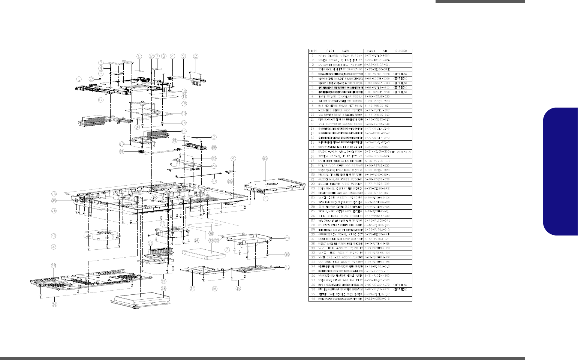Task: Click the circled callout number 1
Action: [x=79, y=79]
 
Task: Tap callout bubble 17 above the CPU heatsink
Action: [x=101, y=100]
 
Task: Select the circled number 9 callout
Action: [x=183, y=56]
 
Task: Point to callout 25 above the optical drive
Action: [x=265, y=159]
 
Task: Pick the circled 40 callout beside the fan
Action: [x=54, y=236]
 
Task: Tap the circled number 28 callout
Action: [x=54, y=265]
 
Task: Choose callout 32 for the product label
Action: [x=211, y=227]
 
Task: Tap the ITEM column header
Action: [x=313, y=51]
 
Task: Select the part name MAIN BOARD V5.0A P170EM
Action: [x=341, y=55]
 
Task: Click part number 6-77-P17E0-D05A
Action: [x=377, y=55]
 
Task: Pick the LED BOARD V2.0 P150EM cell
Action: [x=341, y=216]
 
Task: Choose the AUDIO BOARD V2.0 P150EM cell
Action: [x=341, y=184]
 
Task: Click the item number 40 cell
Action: [x=313, y=299]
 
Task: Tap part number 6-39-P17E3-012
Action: [x=377, y=294]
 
